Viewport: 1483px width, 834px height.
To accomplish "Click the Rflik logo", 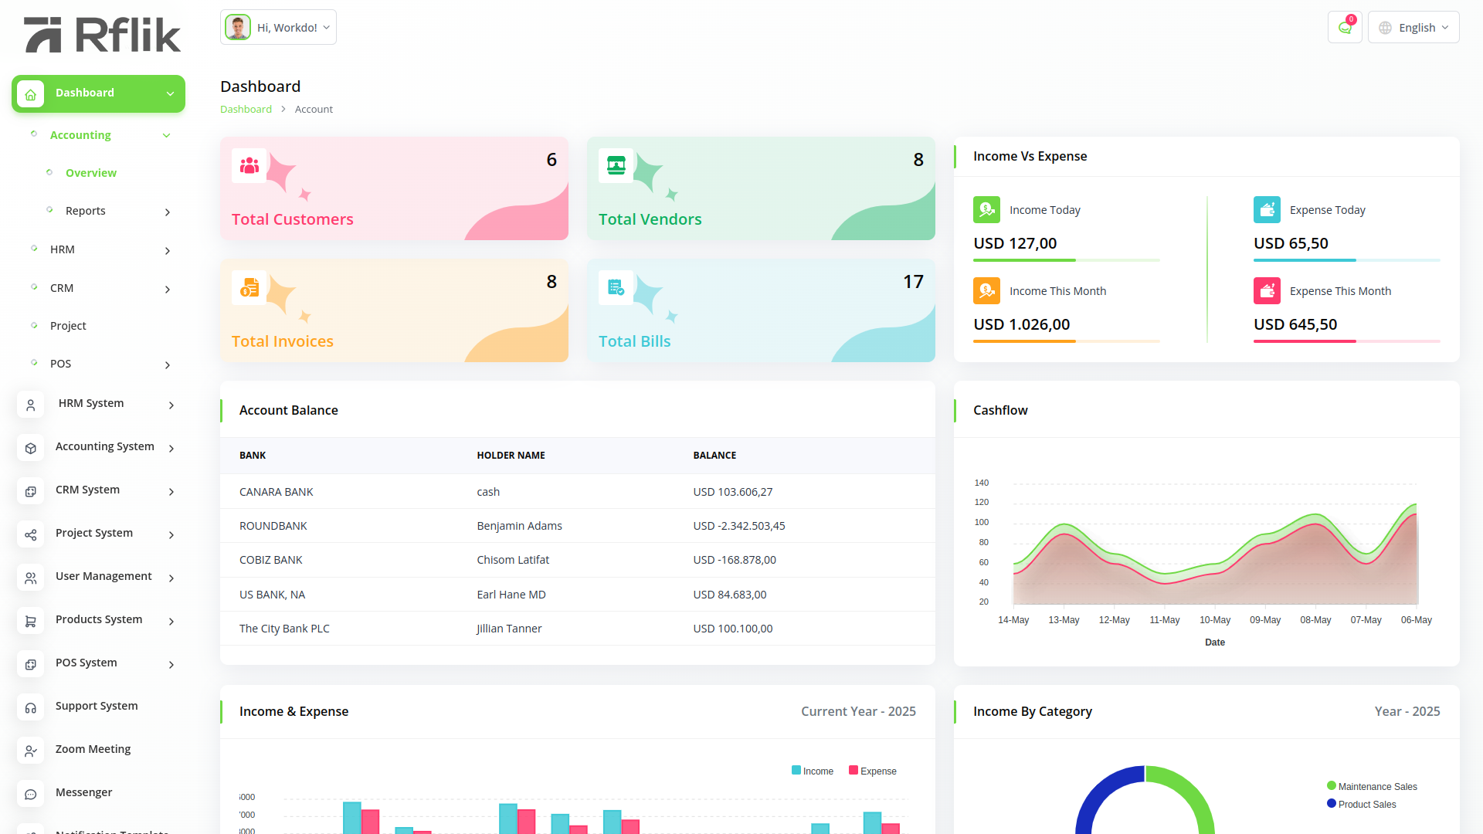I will pyautogui.click(x=103, y=35).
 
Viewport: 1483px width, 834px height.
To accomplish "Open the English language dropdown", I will pyautogui.click(x=1413, y=28).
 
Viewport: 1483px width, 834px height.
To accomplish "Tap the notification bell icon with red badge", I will pyautogui.click(x=1345, y=28).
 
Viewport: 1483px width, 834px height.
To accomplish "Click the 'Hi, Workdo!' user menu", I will pyautogui.click(x=278, y=28).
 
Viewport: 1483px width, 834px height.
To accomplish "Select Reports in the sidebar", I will pyautogui.click(x=86, y=211).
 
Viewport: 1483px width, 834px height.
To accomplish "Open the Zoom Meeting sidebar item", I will pyautogui.click(x=93, y=749).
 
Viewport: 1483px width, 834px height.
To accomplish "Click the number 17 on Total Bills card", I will pyautogui.click(x=913, y=282).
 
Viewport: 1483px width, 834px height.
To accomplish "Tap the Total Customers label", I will pyautogui.click(x=293, y=219).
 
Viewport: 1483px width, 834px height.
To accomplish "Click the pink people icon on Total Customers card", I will pyautogui.click(x=249, y=165).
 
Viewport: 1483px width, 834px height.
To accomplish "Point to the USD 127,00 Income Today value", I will pyautogui.click(x=1015, y=243).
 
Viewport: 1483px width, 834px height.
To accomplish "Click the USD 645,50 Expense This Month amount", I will pyautogui.click(x=1295, y=324).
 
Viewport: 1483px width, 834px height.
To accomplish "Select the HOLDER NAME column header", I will pyautogui.click(x=511, y=456).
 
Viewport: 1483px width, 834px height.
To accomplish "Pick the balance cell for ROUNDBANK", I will pyautogui.click(x=739, y=526).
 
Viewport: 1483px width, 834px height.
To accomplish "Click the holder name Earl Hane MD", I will pyautogui.click(x=511, y=595).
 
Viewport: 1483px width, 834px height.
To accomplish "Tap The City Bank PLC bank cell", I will pyautogui.click(x=284, y=629).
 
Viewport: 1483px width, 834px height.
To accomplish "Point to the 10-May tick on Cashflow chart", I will pyautogui.click(x=1215, y=620).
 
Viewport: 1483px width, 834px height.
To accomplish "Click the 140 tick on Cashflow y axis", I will pyautogui.click(x=982, y=483).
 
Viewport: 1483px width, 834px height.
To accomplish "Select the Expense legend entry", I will pyautogui.click(x=873, y=771).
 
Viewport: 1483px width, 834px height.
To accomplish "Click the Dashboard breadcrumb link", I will pyautogui.click(x=246, y=109).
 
